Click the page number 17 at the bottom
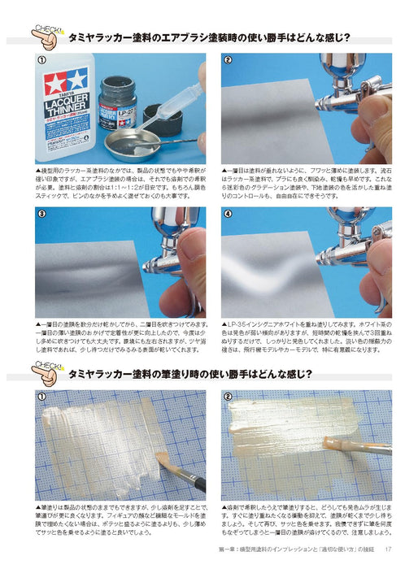(x=390, y=557)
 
